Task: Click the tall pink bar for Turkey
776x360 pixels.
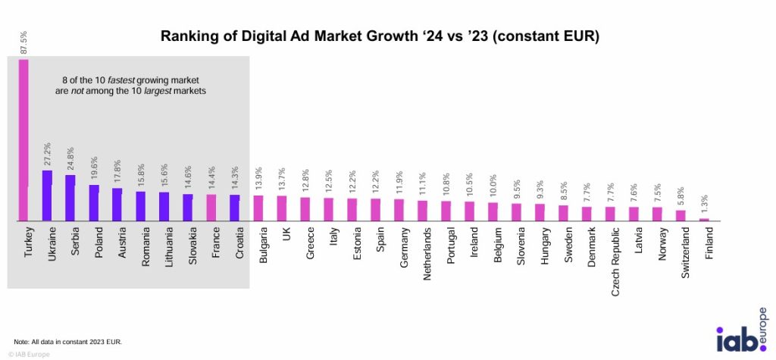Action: point(23,140)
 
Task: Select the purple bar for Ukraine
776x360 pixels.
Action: point(47,196)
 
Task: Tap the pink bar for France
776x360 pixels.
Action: point(211,208)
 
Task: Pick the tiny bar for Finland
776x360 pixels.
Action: point(704,220)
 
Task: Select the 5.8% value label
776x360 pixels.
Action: point(681,197)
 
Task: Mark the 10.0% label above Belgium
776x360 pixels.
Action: point(493,189)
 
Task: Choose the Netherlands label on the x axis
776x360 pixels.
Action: point(424,254)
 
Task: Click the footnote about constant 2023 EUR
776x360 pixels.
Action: point(68,343)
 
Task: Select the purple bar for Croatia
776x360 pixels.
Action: point(235,208)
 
